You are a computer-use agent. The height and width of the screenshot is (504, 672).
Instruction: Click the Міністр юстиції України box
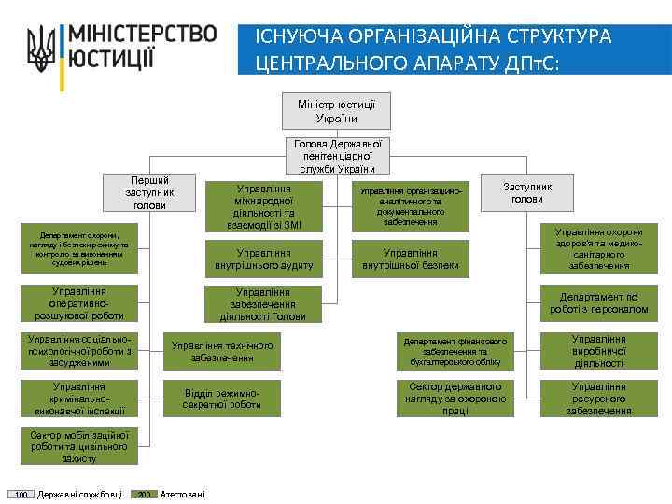tap(336, 110)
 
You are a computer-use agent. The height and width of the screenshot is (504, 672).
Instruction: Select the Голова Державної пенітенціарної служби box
tap(336, 156)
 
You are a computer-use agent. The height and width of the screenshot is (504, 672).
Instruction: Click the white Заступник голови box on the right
tap(527, 192)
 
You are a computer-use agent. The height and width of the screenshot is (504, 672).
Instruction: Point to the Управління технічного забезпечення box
tap(222, 351)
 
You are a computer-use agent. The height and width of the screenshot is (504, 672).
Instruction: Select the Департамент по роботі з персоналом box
tap(598, 302)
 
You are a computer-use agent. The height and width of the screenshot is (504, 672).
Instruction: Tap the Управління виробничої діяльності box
tap(598, 351)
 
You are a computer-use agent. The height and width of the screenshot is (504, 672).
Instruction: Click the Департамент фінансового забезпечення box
tap(455, 351)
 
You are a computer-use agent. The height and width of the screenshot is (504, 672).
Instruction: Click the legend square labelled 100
tap(21, 494)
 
